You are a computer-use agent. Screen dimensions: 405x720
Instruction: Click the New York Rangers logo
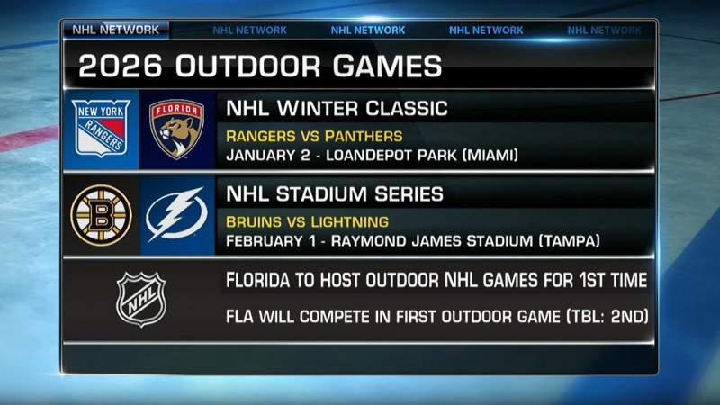(101, 129)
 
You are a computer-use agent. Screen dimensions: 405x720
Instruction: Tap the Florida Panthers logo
(176, 129)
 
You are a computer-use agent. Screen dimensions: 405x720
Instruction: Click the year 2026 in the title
(114, 67)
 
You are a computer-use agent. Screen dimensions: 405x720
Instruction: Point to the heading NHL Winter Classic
(337, 109)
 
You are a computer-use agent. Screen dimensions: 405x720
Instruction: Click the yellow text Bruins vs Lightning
(307, 221)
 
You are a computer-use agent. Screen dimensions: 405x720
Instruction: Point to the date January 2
(267, 156)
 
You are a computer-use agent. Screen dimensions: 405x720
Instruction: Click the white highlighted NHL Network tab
(114, 30)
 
